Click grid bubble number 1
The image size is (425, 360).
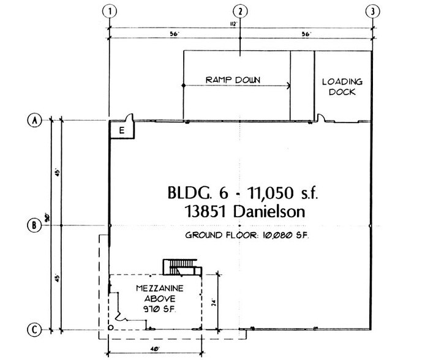pos(110,11)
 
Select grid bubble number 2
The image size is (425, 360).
pos(241,11)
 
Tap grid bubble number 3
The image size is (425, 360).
pos(372,11)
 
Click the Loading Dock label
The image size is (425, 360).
pos(342,87)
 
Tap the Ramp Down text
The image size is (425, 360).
pos(233,80)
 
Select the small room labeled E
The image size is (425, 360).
pos(121,130)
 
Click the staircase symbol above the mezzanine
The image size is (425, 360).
pos(179,266)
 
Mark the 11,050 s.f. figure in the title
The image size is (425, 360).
pos(280,194)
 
